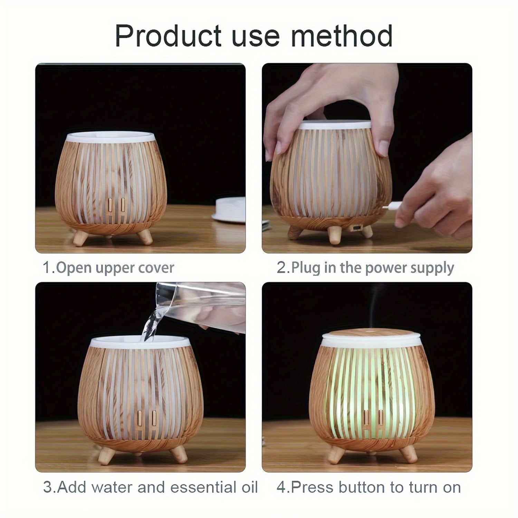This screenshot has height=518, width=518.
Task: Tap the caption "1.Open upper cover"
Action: point(108,268)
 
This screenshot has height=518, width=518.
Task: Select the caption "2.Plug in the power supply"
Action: point(365,268)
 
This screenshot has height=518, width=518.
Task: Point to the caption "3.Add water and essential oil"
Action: point(151,487)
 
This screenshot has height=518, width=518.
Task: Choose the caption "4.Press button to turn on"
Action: point(368,487)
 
